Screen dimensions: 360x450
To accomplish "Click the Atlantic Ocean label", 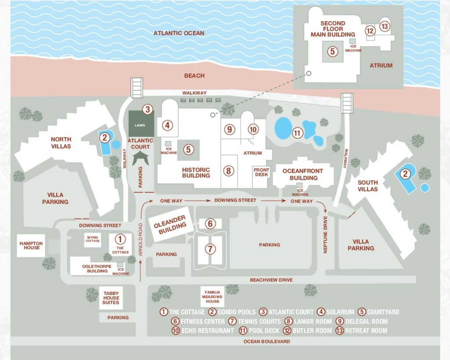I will pos(179,33).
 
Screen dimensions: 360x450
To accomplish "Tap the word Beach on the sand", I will pos(194,76).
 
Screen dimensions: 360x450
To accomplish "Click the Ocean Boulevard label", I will pos(268,342).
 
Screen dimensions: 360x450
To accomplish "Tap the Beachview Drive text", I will pos(271,280).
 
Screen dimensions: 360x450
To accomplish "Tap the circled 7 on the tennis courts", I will pos(210,249).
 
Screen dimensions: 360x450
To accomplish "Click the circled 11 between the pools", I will pos(298,132).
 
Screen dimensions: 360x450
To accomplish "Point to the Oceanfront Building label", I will pos(303,175).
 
